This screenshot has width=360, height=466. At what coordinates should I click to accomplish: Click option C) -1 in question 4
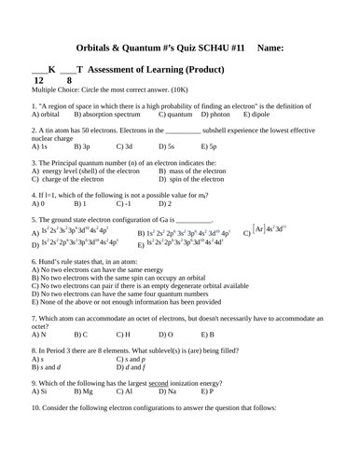coord(125,203)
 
